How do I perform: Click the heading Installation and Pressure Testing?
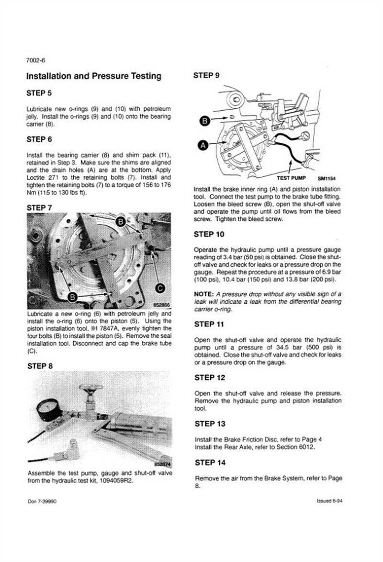(x=93, y=76)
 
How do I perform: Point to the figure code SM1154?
(x=326, y=178)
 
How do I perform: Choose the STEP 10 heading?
(x=209, y=234)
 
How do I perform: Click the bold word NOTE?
(x=204, y=294)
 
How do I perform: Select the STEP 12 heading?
(x=209, y=378)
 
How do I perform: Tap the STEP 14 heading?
(x=209, y=463)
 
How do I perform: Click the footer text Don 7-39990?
(x=44, y=501)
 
